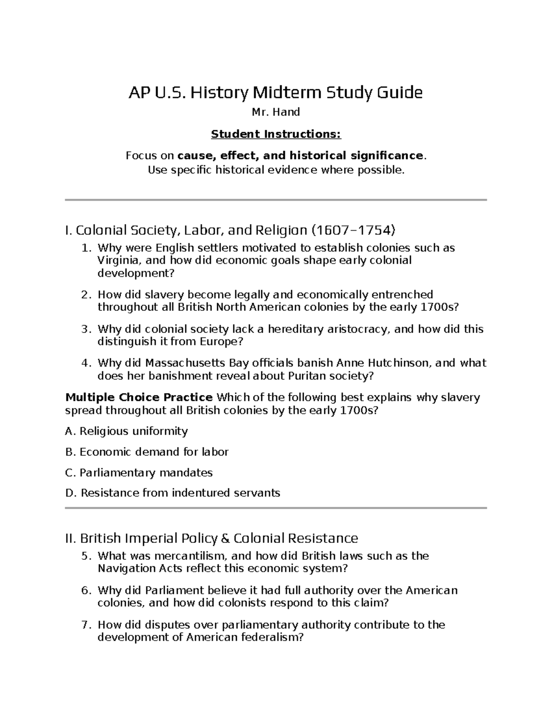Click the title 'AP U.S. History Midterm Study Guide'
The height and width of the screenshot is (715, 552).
point(275,93)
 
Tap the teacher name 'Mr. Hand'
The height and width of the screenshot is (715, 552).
point(276,112)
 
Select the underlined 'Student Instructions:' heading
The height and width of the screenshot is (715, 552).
point(276,134)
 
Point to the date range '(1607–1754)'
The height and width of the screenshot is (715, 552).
point(353,230)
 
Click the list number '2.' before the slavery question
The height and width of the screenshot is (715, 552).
point(86,295)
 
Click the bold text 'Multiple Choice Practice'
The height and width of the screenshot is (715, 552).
point(139,397)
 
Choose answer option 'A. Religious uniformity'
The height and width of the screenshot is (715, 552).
point(126,431)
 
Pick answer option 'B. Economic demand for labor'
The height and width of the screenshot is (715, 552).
point(147,452)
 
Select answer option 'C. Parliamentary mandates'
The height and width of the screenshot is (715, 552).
point(139,473)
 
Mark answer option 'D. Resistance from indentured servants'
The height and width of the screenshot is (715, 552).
point(172,493)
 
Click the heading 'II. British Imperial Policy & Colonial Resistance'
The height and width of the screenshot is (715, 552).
point(212,538)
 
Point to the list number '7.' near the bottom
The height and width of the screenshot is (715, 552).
point(86,625)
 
